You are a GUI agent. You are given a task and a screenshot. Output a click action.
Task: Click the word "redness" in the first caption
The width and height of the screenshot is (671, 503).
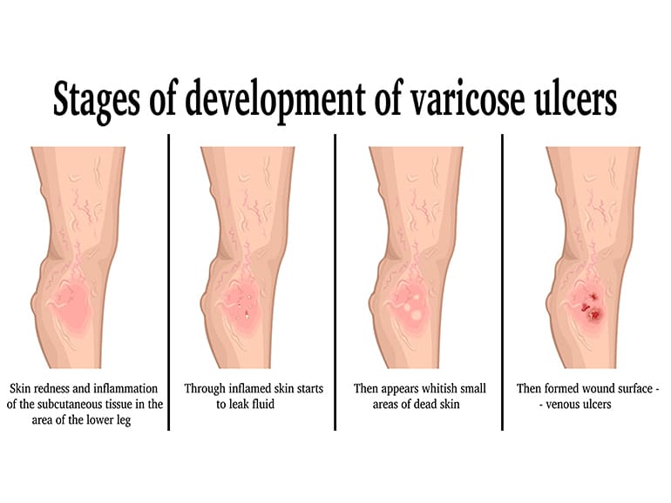[x=52, y=389]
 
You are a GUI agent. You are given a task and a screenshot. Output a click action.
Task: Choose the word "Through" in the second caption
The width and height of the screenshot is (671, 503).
[x=205, y=389]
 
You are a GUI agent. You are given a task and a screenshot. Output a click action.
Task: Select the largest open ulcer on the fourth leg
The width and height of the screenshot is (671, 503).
[x=595, y=315]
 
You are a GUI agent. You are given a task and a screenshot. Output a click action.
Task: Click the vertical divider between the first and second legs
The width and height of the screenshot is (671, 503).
[x=168, y=282]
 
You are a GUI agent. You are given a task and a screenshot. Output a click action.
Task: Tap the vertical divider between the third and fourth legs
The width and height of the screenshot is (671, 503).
[x=502, y=282]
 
